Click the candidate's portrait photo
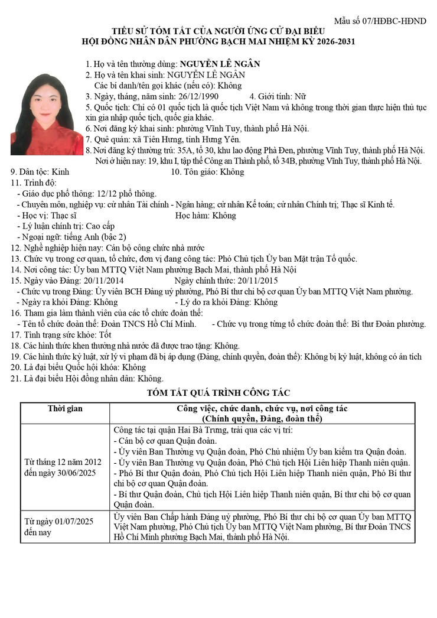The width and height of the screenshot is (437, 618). coord(39,114)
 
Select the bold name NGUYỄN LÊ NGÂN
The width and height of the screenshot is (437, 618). coord(220,64)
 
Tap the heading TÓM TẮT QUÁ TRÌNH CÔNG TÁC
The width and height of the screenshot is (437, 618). coord(218,392)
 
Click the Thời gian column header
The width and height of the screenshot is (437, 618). coord(65,409)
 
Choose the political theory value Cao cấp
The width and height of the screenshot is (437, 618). coord(100,226)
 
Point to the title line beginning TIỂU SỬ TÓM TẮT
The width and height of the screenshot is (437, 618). coord(218,31)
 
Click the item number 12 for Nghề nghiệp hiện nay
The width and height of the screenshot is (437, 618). coord(16,248)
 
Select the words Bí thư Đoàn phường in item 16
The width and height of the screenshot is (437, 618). coord(386,324)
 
